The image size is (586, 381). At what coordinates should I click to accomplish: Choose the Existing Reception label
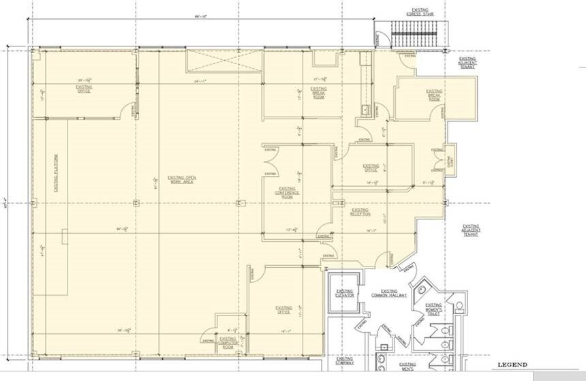[x=360, y=212]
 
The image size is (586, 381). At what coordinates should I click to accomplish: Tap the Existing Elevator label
[x=345, y=294]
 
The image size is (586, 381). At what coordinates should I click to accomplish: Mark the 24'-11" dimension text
[x=200, y=81]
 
